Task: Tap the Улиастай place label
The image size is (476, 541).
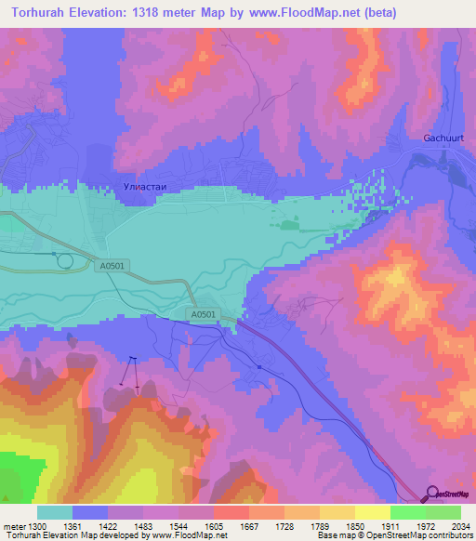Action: [x=144, y=187]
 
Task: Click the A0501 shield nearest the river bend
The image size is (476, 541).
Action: [x=203, y=316]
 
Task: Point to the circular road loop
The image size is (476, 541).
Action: [x=64, y=261]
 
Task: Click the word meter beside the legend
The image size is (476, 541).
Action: [x=15, y=526]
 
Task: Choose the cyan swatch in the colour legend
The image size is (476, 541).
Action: [x=54, y=512]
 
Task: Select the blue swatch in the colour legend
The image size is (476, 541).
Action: [x=89, y=512]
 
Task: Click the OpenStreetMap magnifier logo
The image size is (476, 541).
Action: [x=432, y=493]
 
